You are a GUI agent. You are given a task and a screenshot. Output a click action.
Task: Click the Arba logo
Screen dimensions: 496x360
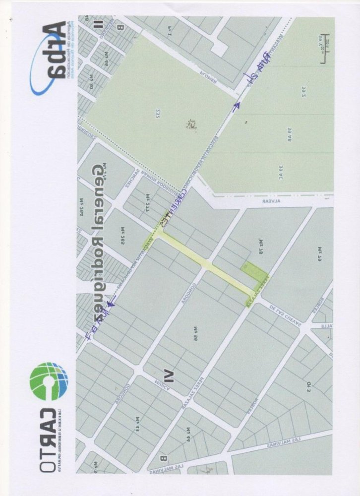[x=48, y=60]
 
